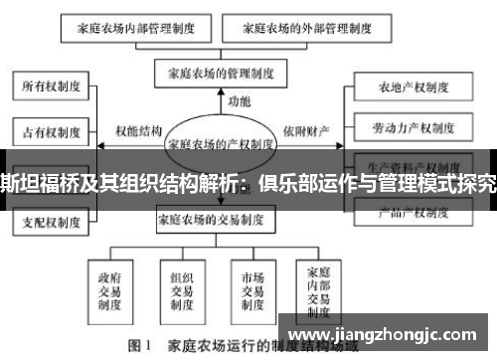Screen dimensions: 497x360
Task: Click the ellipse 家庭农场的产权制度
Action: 220,142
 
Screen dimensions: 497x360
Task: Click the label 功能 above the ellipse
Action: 240,100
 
